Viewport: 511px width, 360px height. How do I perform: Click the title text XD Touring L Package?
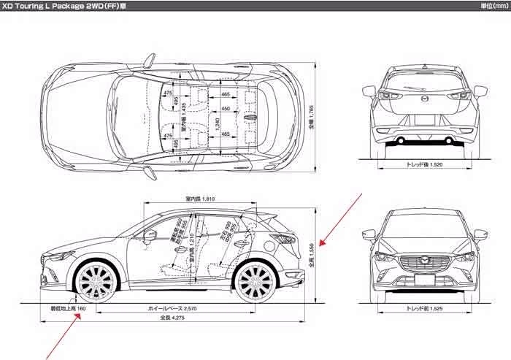[55, 5]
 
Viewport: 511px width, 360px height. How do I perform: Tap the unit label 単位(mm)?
[494, 5]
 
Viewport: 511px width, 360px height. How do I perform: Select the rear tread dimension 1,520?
[425, 165]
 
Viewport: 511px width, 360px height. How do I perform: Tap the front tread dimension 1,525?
[425, 309]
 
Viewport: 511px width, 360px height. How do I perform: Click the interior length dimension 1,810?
[199, 199]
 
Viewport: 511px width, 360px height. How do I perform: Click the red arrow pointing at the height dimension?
[341, 219]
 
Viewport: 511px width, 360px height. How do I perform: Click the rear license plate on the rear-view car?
[425, 120]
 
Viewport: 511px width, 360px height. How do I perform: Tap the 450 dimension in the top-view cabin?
[225, 109]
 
